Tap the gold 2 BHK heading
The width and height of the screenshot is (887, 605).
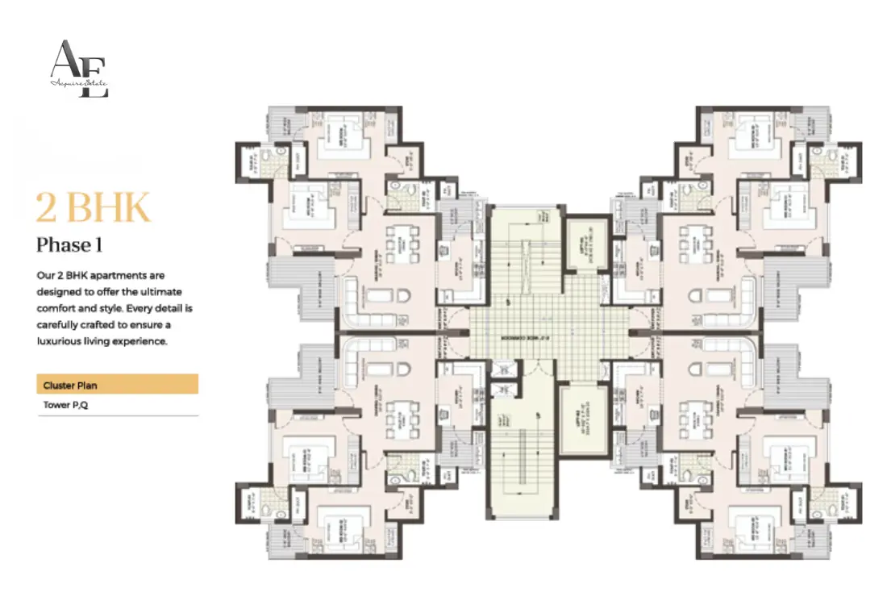(x=93, y=208)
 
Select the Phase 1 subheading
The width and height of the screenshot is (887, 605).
(x=69, y=245)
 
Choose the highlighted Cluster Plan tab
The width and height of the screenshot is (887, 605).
(x=117, y=385)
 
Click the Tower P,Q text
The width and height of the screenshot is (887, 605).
(x=66, y=406)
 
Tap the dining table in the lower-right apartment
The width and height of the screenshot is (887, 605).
(x=694, y=416)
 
